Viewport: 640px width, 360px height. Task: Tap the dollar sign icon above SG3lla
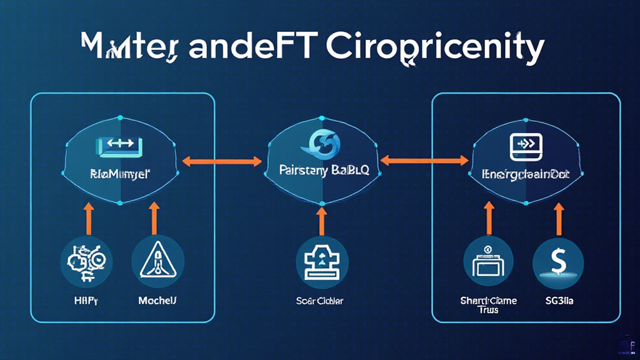click(558, 259)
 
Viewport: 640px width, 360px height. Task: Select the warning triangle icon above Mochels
click(157, 259)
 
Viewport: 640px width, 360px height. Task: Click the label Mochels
click(157, 301)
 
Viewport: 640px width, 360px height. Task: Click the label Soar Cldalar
click(321, 301)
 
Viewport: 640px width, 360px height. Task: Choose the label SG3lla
click(557, 301)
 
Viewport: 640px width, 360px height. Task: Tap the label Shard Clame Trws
click(489, 305)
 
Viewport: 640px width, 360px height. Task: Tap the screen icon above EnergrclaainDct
click(523, 145)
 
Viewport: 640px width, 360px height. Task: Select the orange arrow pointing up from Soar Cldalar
click(321, 221)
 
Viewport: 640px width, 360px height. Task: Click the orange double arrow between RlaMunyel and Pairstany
click(222, 161)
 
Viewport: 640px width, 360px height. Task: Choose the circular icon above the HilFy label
click(87, 259)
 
